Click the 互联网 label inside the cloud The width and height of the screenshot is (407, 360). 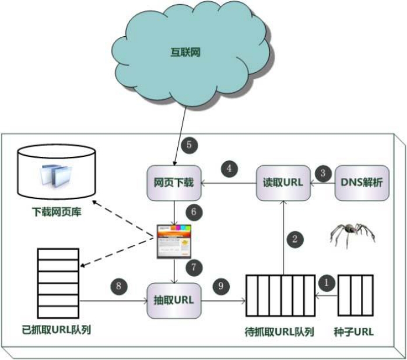(185, 53)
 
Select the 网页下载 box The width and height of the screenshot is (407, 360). (174, 183)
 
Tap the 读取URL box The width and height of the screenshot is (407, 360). (283, 183)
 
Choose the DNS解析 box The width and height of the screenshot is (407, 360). (362, 183)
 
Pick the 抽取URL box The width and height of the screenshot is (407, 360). (174, 301)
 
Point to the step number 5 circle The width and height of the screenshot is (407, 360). (190, 145)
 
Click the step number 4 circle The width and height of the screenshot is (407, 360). (229, 169)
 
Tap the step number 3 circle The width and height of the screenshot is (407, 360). (323, 173)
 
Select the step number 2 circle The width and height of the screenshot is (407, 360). (295, 239)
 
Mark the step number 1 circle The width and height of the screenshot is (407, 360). (327, 282)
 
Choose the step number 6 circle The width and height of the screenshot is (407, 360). (194, 212)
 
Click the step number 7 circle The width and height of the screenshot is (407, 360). (194, 267)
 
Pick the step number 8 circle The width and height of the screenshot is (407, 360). (119, 286)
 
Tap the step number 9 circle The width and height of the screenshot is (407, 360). (221, 286)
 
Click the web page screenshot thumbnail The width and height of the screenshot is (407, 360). (174, 242)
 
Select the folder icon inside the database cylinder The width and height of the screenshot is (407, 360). (56, 175)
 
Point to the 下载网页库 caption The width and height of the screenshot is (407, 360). (57, 212)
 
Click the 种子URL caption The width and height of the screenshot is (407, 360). (354, 332)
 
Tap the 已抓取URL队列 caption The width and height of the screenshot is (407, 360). (57, 330)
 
